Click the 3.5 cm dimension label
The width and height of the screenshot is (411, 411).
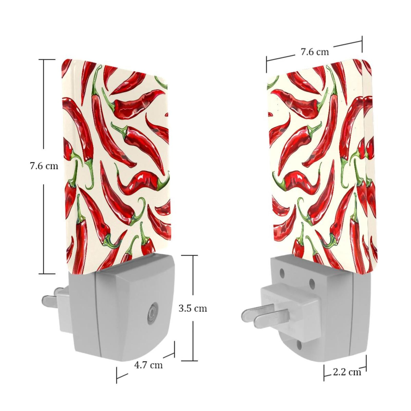click(193, 308)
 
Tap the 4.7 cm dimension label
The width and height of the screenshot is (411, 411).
click(148, 365)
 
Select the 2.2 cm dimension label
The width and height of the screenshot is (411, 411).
click(347, 372)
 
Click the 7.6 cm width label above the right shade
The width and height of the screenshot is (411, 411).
click(315, 52)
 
